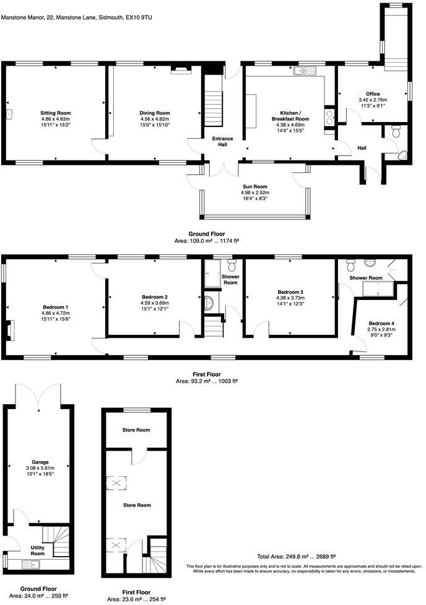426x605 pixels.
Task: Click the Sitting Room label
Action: pos(56,113)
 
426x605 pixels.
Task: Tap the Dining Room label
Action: pos(154,113)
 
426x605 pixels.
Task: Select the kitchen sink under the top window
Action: pos(306,71)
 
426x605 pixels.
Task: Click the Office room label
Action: pos(373,94)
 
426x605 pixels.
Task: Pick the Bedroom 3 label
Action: pos(290,291)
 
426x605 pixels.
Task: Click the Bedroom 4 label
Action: pos(381,324)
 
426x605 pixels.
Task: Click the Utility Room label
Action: pos(25,550)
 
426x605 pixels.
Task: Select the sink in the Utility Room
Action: pos(31,564)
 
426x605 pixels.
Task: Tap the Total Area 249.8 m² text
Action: pos(296,557)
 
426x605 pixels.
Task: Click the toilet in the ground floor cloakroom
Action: pos(396,131)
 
